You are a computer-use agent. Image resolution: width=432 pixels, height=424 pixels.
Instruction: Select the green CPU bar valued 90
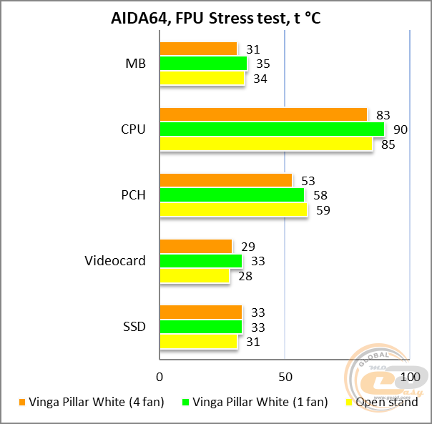(x=272, y=129)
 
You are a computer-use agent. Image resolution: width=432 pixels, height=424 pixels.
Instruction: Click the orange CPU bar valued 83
(x=263, y=114)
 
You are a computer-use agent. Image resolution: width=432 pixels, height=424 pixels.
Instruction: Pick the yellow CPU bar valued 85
(x=265, y=144)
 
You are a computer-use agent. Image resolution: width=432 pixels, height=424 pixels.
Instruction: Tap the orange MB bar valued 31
(x=198, y=49)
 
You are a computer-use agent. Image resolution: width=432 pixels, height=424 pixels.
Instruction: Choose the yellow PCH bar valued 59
(x=233, y=209)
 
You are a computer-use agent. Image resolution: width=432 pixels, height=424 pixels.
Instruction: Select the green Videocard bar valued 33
(x=201, y=261)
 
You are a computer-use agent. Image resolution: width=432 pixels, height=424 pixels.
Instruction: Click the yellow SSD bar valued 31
(x=198, y=342)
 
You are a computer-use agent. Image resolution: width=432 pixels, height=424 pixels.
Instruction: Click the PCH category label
(x=133, y=195)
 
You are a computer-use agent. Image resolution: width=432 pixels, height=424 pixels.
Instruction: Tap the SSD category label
(x=134, y=327)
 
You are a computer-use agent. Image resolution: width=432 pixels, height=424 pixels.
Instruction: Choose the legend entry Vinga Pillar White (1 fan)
(x=255, y=403)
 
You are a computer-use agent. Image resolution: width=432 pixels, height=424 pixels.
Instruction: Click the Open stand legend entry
(x=381, y=403)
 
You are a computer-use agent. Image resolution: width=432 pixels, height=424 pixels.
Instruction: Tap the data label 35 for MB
(x=262, y=64)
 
